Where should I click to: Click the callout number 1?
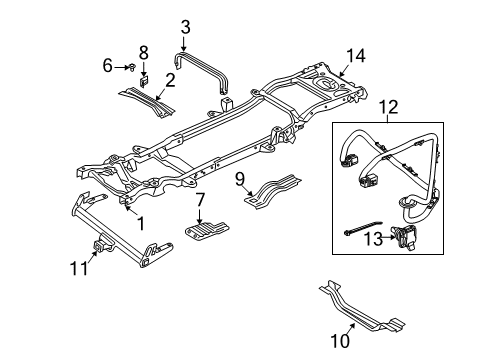141,222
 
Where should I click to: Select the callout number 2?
171,80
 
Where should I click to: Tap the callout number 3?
185,26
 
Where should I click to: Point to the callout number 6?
108,66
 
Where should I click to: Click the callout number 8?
143,51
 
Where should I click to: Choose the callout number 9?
240,180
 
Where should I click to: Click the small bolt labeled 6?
132,67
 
